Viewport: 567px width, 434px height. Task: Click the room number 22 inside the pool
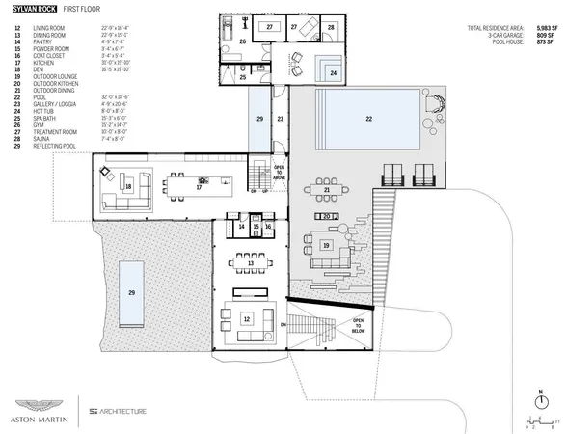[367, 118]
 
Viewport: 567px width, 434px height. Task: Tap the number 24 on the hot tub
[333, 73]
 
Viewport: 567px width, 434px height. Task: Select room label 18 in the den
[128, 186]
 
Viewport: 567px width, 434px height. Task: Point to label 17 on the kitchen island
[199, 187]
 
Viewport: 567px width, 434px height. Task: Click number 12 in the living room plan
[246, 317]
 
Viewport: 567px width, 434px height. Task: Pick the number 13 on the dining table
[250, 262]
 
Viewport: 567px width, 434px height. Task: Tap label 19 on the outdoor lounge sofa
[327, 247]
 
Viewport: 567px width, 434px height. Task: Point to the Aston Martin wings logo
[40, 406]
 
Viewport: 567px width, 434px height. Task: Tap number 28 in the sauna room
[331, 27]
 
